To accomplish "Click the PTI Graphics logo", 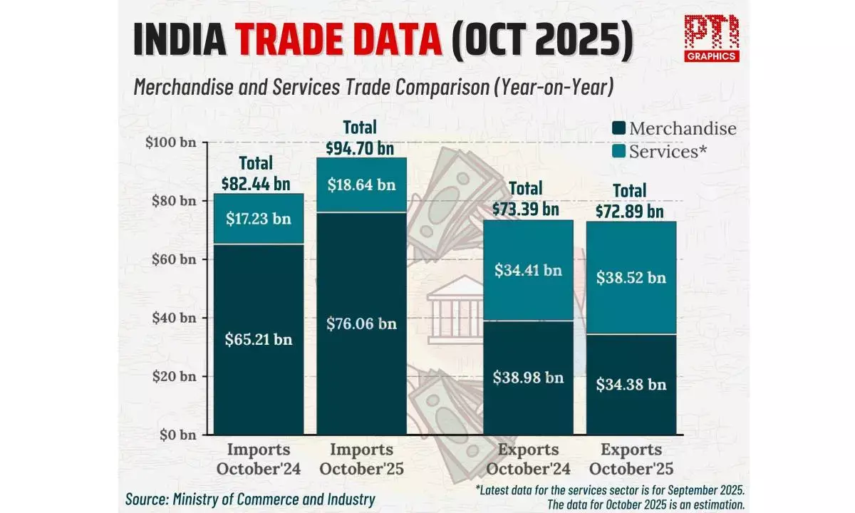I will (711, 38).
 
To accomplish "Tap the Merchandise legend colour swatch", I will (618, 129).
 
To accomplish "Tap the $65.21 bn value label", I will (259, 339).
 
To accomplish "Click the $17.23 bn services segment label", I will (259, 219).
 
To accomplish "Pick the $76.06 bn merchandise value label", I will (361, 323).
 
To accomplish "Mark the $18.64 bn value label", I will (361, 185).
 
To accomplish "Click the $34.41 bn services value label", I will (528, 270).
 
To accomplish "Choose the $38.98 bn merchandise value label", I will (528, 377).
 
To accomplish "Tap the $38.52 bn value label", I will (631, 277).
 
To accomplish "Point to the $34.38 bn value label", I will (631, 384).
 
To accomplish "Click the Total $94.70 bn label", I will (360, 138).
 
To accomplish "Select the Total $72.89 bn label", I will (630, 201).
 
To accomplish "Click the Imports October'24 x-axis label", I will (259, 459).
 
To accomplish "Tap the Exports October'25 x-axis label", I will (631, 459).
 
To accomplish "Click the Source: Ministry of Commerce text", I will (250, 499).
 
